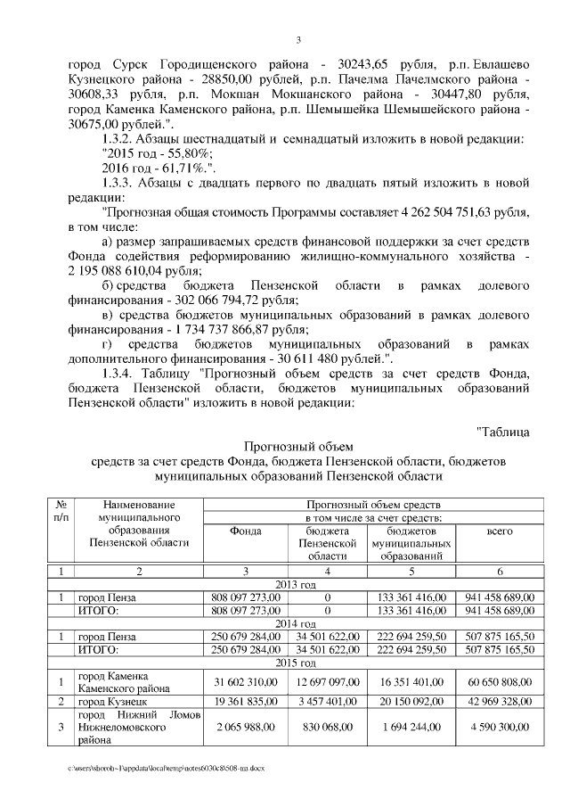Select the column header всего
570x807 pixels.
coord(500,531)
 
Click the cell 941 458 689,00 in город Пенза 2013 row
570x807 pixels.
coord(500,597)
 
